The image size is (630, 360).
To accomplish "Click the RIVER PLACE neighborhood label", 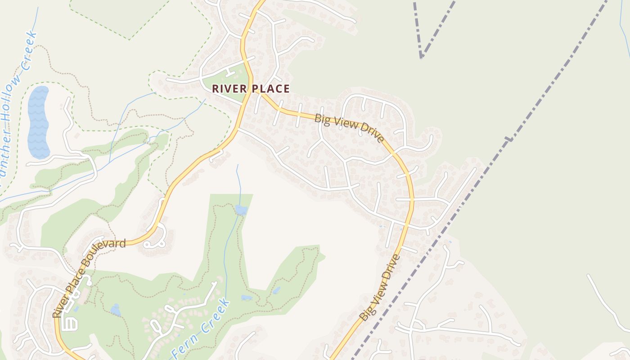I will click(x=251, y=89).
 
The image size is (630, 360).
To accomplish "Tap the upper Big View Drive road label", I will click(x=350, y=128).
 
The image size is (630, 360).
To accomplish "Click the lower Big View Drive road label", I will click(x=379, y=288).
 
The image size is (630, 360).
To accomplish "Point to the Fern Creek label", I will click(x=202, y=328).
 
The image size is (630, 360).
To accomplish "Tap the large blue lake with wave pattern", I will click(x=38, y=122).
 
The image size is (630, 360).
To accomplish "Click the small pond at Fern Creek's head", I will click(x=241, y=210).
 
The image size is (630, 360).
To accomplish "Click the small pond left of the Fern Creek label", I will click(x=116, y=310).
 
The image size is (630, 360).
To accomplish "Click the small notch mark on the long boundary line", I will click(x=509, y=140).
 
